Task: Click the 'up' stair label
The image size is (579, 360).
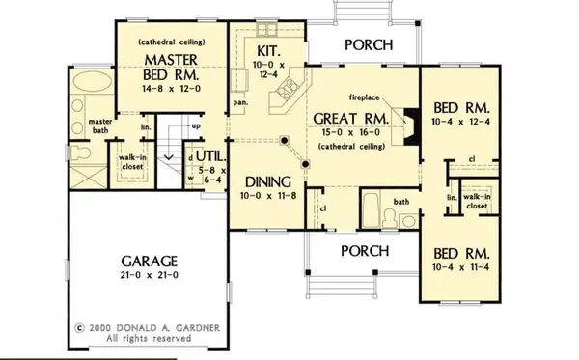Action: pos(197,125)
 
